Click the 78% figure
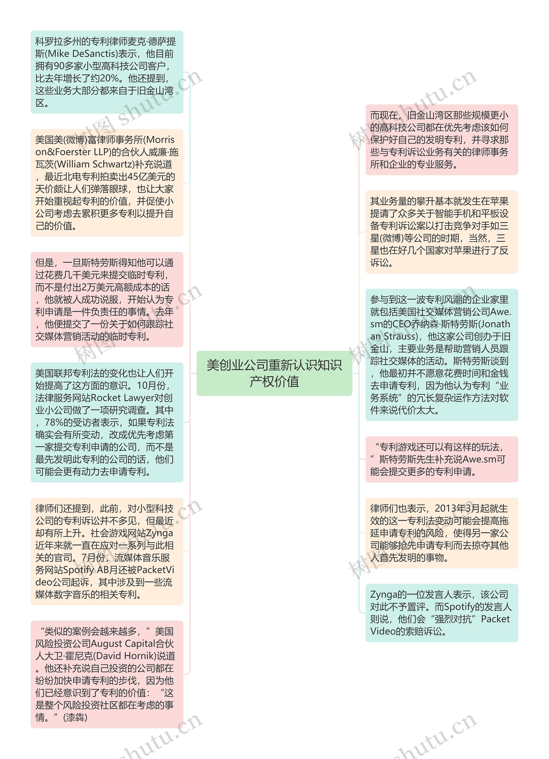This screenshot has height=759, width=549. click(x=54, y=422)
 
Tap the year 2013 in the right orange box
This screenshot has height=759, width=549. click(x=445, y=508)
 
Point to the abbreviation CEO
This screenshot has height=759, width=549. click(x=401, y=324)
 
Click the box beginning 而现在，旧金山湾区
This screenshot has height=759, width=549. click(x=442, y=140)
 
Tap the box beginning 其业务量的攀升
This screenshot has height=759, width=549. click(x=442, y=232)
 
